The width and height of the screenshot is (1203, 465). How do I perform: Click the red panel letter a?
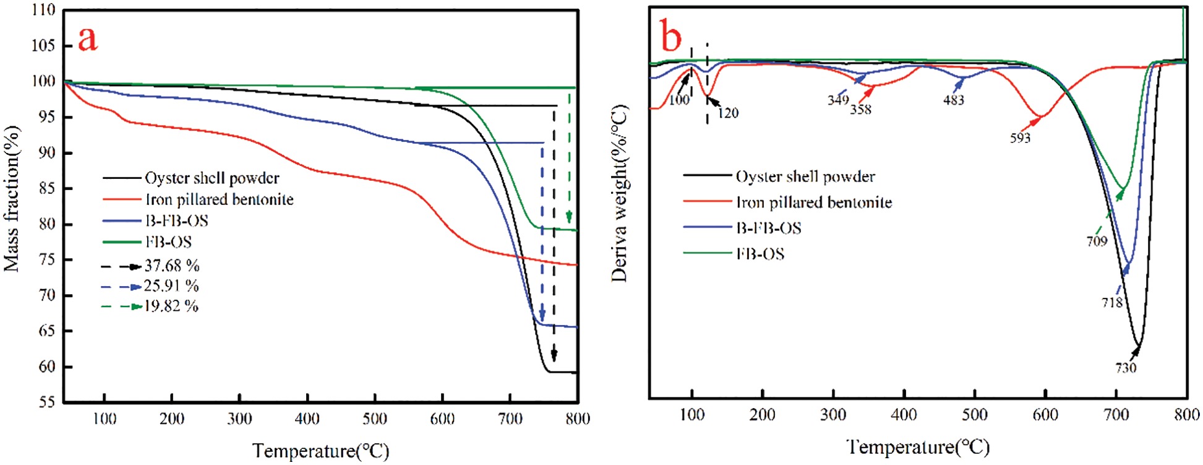click(x=88, y=39)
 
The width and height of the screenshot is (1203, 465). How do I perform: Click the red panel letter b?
click(x=671, y=37)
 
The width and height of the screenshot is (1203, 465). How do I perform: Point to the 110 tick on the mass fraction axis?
click(x=43, y=10)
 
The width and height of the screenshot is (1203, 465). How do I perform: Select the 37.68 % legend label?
click(x=172, y=266)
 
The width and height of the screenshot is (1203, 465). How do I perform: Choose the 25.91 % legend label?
click(x=171, y=286)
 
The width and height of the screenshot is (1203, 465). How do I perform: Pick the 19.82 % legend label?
click(x=171, y=306)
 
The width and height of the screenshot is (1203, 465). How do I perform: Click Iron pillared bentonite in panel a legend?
click(x=220, y=199)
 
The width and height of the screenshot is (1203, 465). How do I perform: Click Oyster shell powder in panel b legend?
click(x=805, y=176)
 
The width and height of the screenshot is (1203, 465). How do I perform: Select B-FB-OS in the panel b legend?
click(x=769, y=228)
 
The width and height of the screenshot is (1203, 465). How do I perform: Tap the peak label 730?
click(x=1126, y=368)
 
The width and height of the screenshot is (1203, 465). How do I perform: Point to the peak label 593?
click(x=1020, y=138)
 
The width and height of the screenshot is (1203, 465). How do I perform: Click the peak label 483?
click(x=953, y=100)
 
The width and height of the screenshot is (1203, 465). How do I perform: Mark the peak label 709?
click(x=1097, y=241)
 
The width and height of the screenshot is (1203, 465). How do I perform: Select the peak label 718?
click(x=1111, y=303)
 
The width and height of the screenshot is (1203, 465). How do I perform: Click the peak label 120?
click(x=728, y=113)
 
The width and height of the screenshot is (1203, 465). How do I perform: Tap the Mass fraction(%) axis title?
click(x=12, y=198)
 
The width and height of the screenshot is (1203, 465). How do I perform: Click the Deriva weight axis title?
click(x=619, y=193)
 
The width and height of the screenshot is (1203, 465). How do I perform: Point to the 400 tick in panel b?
click(x=904, y=415)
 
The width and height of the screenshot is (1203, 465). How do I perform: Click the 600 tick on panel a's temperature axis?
click(x=442, y=419)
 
